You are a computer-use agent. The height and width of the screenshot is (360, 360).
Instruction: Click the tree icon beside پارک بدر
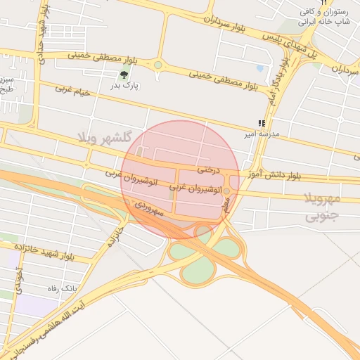pyautogui.click(x=124, y=75)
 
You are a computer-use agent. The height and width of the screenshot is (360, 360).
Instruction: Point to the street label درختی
pyautogui.click(x=209, y=169)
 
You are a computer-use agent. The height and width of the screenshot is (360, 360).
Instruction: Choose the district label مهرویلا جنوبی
pyautogui.click(x=323, y=207)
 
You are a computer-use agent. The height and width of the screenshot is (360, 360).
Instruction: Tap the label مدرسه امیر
pyautogui.click(x=261, y=133)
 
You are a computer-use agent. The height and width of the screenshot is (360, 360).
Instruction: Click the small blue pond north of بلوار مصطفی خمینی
pyautogui.click(x=260, y=69)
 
